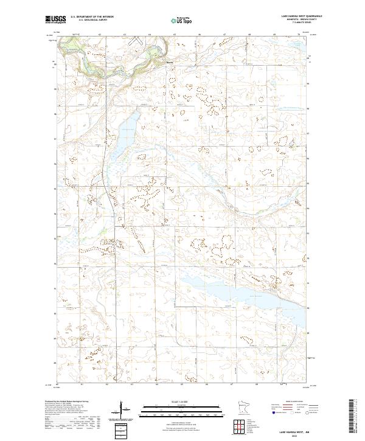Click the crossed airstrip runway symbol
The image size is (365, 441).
[x=135, y=40]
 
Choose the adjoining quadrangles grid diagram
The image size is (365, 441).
[x=243, y=424]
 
